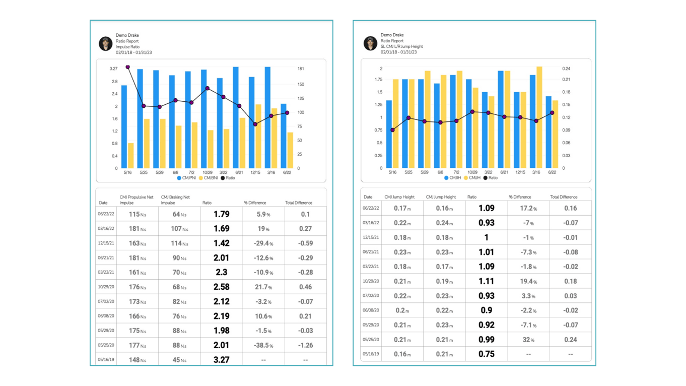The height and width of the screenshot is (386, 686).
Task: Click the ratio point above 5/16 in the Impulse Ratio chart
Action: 127,67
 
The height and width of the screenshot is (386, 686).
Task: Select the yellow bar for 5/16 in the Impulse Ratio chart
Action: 131,156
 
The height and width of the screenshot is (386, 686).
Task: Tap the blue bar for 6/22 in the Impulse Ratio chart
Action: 284,136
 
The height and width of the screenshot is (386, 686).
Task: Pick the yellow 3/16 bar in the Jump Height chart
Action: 539,117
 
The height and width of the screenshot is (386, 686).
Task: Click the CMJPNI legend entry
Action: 186,178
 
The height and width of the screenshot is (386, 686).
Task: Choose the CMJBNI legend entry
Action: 209,178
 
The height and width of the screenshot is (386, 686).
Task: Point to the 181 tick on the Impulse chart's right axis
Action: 301,69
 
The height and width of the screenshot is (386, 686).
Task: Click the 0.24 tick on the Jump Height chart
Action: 566,69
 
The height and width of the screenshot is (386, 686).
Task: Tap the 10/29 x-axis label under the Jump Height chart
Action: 472,172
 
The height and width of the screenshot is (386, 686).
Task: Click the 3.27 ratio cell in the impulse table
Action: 221,360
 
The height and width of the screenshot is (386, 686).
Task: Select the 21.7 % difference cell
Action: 263,287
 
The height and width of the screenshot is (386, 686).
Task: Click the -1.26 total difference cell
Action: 305,346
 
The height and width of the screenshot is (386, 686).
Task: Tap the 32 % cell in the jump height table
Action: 528,340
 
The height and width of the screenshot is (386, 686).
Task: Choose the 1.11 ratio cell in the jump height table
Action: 486,281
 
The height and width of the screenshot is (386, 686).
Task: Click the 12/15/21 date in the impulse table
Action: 106,243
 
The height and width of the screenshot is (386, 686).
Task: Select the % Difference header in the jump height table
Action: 519,197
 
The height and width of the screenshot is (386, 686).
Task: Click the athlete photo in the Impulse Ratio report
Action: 105,43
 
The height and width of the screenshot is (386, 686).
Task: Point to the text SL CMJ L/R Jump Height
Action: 401,46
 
